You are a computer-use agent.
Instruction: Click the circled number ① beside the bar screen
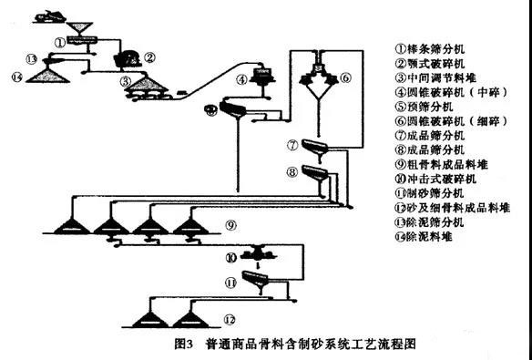tap(59, 41)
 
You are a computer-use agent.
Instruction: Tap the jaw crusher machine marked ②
tap(125, 58)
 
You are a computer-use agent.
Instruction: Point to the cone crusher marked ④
tap(265, 79)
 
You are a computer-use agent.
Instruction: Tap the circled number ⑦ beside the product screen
tap(292, 145)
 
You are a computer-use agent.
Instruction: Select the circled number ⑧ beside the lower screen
tap(292, 170)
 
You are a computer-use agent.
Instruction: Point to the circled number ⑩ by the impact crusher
tap(230, 256)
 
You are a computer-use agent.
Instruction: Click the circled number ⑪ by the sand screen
tap(230, 284)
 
